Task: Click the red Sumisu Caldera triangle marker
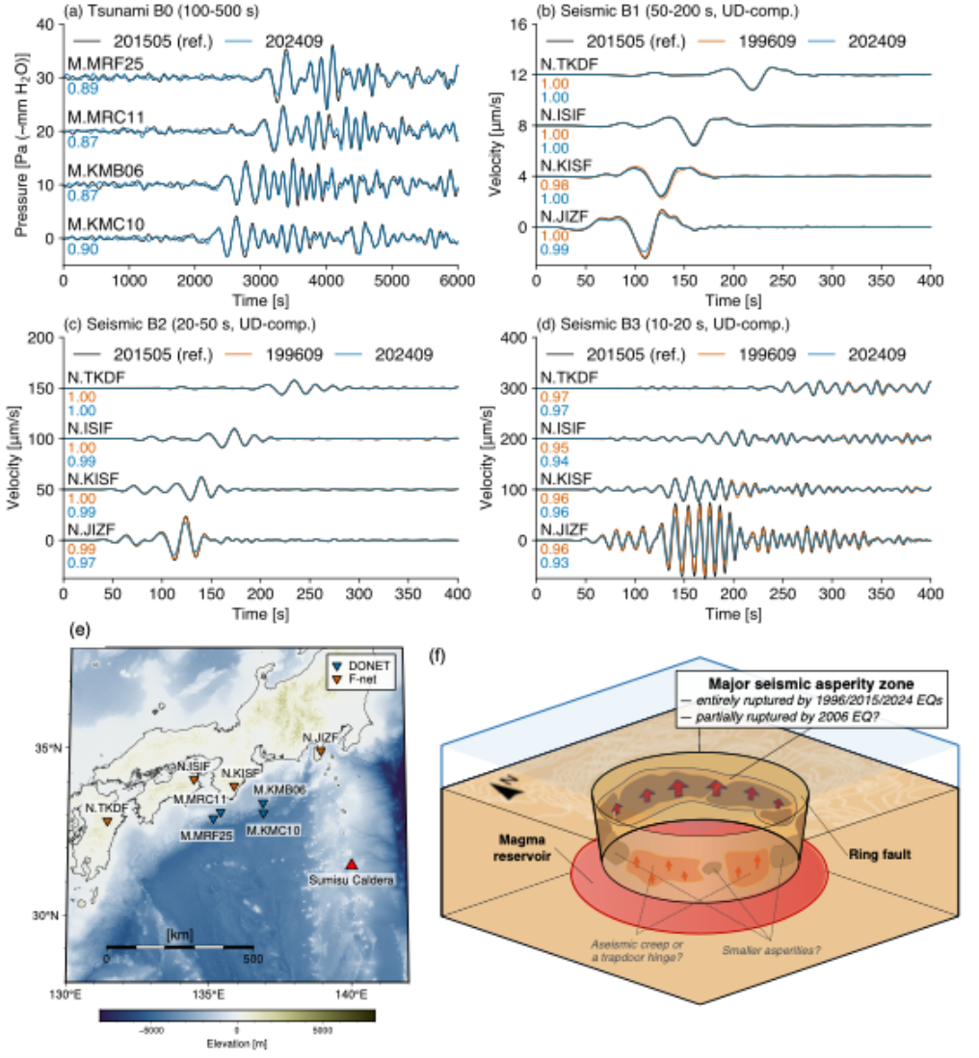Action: coord(352,864)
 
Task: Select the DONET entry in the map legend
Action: coord(362,665)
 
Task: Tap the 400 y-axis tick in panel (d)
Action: coord(513,338)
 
